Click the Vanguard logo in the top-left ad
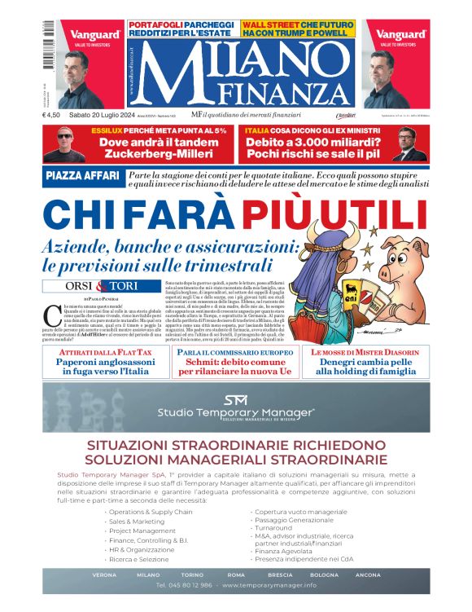pos(95,35)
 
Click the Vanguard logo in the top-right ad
pos(401,35)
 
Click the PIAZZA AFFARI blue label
pos(83,177)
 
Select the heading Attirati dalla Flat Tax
pos(105,351)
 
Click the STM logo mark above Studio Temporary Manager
pos(235,399)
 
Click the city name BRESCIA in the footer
pos(278,575)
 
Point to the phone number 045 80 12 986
pos(185,585)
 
